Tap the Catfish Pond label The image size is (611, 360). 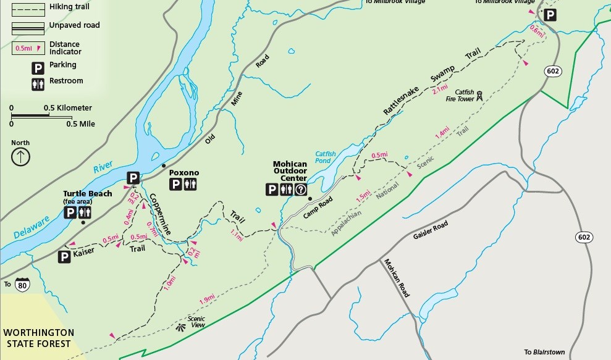pyautogui.click(x=325, y=157)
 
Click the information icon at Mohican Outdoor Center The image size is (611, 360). pyautogui.click(x=301, y=190)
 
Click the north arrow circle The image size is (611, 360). pyautogui.click(x=20, y=156)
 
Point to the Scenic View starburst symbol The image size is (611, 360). pyautogui.click(x=181, y=327)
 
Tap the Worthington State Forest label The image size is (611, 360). pyautogui.click(x=38, y=338)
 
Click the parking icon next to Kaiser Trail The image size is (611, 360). pyautogui.click(x=64, y=257)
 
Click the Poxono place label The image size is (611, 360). pyautogui.click(x=184, y=172)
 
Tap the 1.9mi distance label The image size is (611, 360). pyautogui.click(x=207, y=299)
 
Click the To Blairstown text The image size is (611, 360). pyautogui.click(x=544, y=352)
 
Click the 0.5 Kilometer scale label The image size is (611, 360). pyautogui.click(x=67, y=108)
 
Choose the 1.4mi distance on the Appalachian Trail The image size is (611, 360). pyautogui.click(x=442, y=133)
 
